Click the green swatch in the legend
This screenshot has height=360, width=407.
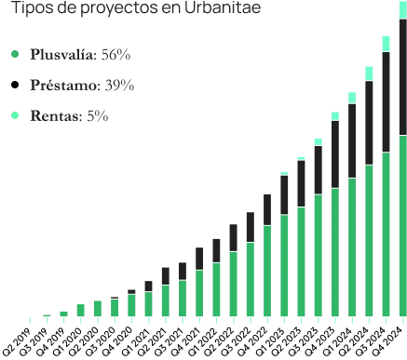(x=13, y=53)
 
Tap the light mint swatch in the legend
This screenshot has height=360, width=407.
(x=13, y=115)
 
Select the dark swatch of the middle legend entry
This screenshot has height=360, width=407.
(x=13, y=85)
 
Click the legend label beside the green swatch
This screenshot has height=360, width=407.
(x=82, y=54)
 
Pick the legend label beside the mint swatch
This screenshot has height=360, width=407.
(x=71, y=116)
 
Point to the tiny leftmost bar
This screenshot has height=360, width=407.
(x=30, y=319)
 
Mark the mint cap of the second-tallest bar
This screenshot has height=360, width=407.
(x=387, y=42)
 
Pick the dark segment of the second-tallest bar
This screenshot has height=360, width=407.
(x=387, y=102)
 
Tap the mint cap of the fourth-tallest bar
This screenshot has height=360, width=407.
(x=350, y=97)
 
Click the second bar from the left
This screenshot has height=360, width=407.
(x=47, y=318)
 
